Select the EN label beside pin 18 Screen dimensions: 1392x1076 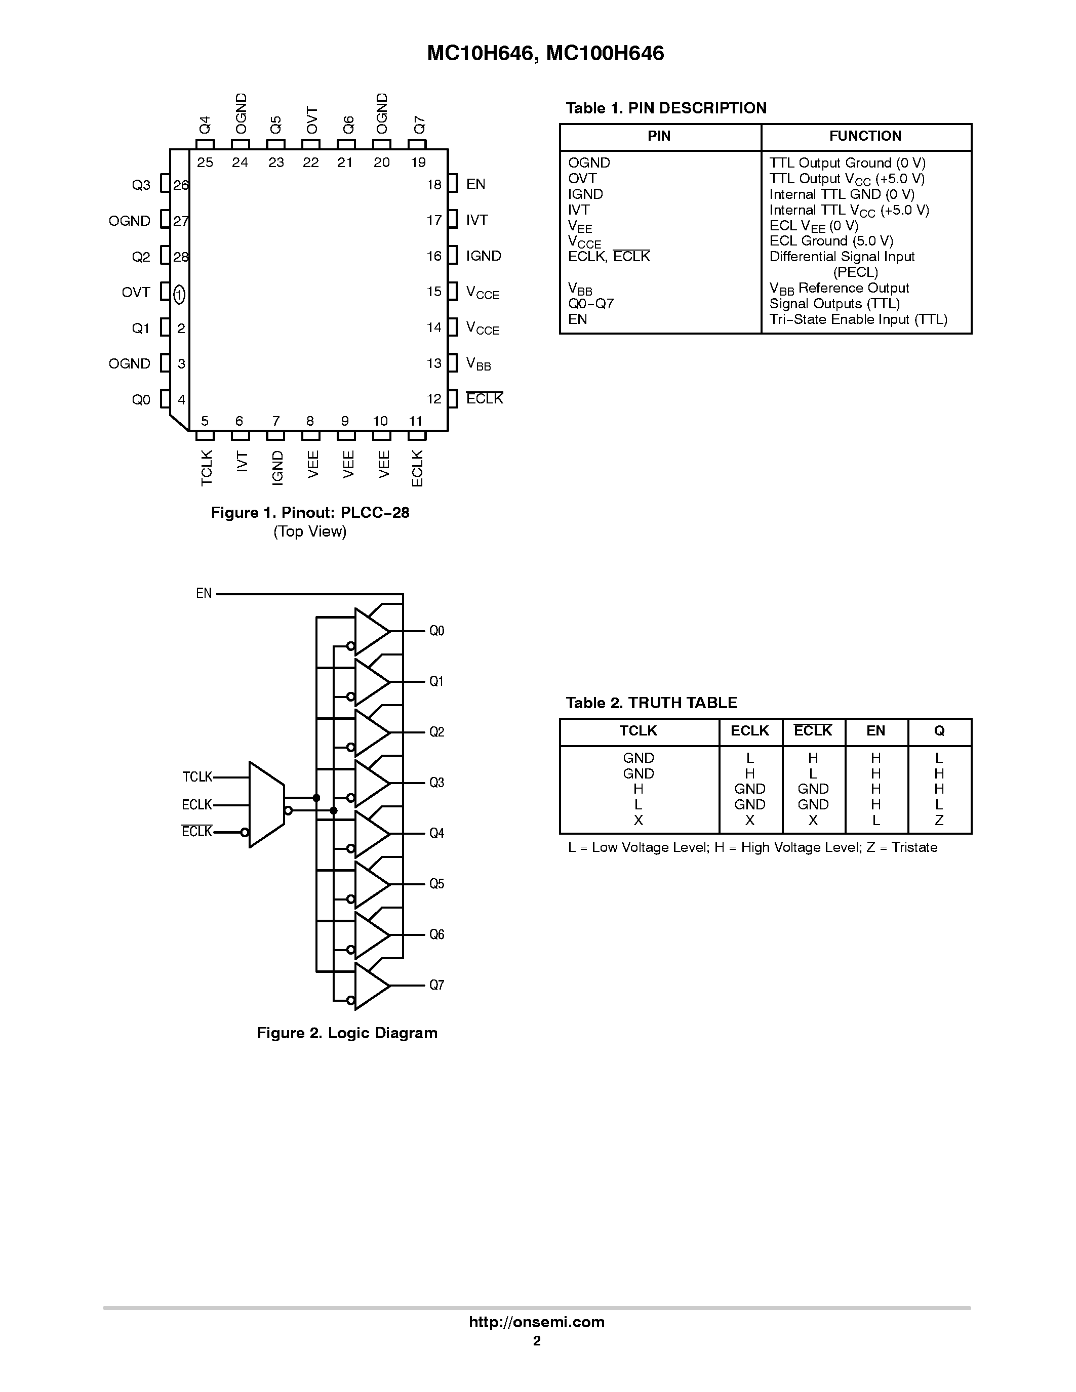pyautogui.click(x=475, y=184)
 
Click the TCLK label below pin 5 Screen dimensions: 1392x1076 pyautogui.click(x=207, y=468)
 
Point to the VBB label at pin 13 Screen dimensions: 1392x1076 pyautogui.click(x=479, y=364)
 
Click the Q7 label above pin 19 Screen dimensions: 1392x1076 pyautogui.click(x=419, y=125)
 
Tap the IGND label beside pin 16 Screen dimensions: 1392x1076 pyautogui.click(x=483, y=256)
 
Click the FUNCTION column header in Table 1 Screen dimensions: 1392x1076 pyautogui.click(x=865, y=136)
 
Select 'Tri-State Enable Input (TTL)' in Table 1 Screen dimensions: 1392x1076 pyautogui.click(x=858, y=319)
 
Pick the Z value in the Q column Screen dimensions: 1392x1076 pyautogui.click(x=938, y=821)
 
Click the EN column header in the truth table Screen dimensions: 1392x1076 pyautogui.click(x=875, y=731)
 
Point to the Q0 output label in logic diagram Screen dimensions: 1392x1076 pyautogui.click(x=436, y=631)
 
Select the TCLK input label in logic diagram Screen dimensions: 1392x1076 pyautogui.click(x=197, y=777)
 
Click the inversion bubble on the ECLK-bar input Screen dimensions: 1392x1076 pyautogui.click(x=245, y=832)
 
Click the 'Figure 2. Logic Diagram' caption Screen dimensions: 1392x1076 pyautogui.click(x=347, y=1033)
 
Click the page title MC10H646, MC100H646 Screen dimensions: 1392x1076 pyautogui.click(x=545, y=54)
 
